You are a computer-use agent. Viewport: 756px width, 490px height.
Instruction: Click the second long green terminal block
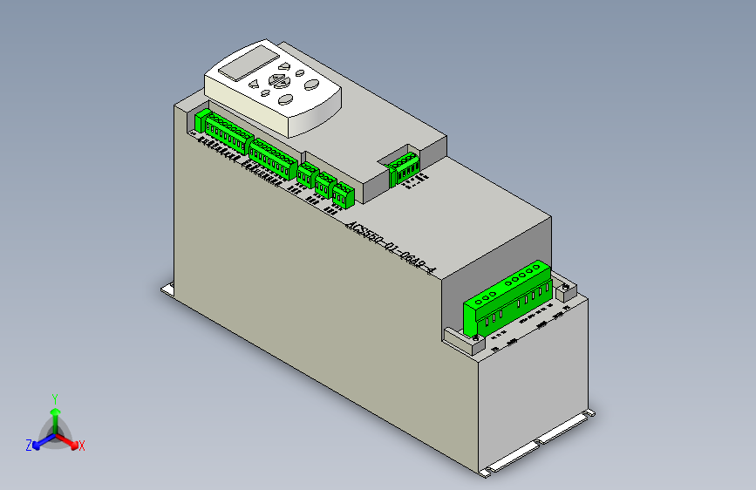click(272, 156)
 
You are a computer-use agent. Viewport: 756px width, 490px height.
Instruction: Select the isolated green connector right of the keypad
click(404, 167)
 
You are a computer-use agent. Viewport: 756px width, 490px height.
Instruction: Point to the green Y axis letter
click(55, 398)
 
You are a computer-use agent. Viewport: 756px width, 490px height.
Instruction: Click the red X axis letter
click(82, 446)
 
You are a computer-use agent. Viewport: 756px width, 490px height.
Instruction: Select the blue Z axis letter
click(29, 446)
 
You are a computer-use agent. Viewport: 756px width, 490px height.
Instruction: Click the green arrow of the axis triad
click(55, 413)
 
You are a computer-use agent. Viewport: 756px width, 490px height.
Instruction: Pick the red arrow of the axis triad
click(70, 441)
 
